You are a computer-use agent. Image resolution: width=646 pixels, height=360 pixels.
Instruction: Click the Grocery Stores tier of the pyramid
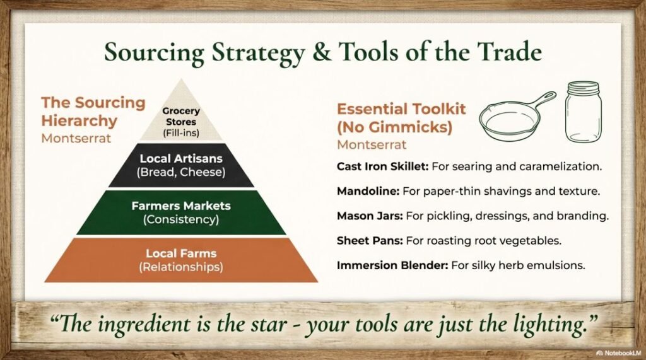(181, 119)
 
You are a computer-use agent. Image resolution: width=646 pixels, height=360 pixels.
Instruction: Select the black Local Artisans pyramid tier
(181, 165)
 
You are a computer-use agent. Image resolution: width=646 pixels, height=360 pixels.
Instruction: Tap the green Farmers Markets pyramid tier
(181, 212)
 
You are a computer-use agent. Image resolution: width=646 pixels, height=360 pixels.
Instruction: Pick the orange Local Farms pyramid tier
(181, 260)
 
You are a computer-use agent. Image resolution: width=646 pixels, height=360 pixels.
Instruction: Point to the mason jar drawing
(584, 112)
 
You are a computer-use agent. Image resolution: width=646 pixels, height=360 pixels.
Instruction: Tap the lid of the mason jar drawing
(584, 88)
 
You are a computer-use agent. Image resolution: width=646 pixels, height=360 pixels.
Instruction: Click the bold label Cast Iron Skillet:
(383, 166)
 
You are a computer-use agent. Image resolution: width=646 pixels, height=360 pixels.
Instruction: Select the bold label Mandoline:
(368, 191)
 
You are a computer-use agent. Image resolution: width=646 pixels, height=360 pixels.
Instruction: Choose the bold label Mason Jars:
(370, 216)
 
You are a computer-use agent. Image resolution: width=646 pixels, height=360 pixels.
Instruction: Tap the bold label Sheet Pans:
(370, 241)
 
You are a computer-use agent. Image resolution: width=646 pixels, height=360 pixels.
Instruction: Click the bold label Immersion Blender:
(392, 265)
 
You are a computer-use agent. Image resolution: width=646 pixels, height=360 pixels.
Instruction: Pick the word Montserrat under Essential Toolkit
(372, 145)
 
